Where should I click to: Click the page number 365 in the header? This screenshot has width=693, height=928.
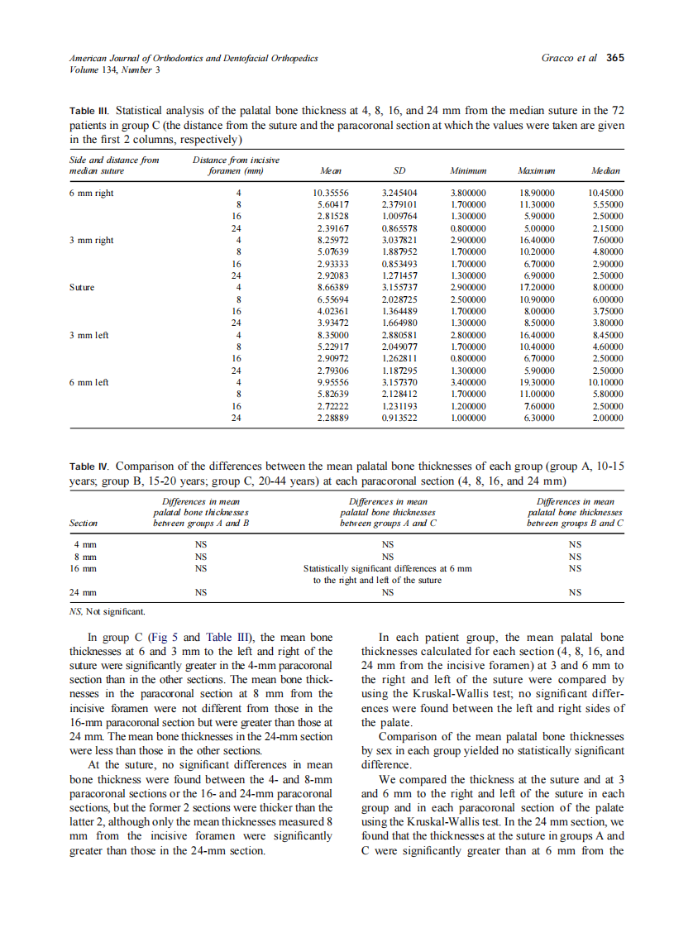point(614,58)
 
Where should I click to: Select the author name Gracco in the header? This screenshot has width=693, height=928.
point(557,58)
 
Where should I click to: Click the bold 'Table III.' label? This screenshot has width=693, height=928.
point(89,110)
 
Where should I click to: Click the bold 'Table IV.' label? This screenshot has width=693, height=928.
point(90,466)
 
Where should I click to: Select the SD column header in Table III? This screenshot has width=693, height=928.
point(399,170)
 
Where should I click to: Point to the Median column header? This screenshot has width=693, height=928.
point(607,170)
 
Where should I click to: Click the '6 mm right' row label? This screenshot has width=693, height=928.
point(92,193)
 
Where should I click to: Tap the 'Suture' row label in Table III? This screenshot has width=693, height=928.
point(82,288)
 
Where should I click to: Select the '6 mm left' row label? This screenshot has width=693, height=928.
point(89,382)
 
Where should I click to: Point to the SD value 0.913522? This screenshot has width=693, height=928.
point(399,419)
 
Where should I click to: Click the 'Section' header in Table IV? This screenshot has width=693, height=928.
point(84,524)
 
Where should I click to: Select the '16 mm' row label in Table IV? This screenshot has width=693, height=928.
point(84,568)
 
